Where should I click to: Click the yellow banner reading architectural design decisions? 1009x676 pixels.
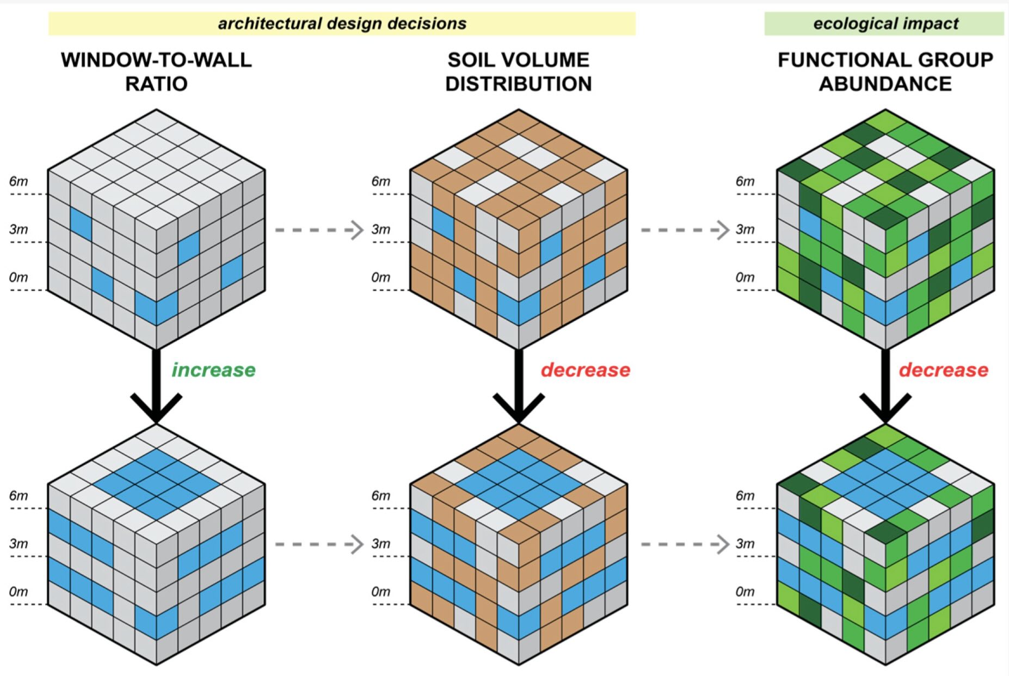click(342, 23)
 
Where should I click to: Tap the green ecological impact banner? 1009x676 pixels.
click(884, 23)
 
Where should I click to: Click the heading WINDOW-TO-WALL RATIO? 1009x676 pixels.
click(156, 71)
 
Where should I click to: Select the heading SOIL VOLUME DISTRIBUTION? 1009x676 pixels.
click(518, 71)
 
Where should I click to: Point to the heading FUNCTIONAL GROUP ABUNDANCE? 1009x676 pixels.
click(885, 71)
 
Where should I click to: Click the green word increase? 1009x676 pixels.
click(213, 370)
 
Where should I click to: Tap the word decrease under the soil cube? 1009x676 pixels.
click(585, 370)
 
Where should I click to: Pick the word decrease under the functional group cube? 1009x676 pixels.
click(943, 370)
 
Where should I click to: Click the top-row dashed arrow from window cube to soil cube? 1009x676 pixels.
click(319, 230)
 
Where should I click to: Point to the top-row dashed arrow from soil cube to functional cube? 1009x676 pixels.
click(685, 230)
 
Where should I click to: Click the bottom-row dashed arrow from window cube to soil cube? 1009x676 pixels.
click(319, 544)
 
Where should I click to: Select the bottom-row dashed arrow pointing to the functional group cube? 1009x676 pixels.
click(685, 544)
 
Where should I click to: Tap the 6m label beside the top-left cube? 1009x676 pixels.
click(19, 181)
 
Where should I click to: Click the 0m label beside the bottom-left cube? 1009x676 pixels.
click(19, 592)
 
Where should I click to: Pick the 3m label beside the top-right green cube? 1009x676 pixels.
click(745, 229)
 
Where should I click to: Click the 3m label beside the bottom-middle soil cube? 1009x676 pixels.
click(381, 544)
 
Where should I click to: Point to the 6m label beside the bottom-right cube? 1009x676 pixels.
click(745, 496)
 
